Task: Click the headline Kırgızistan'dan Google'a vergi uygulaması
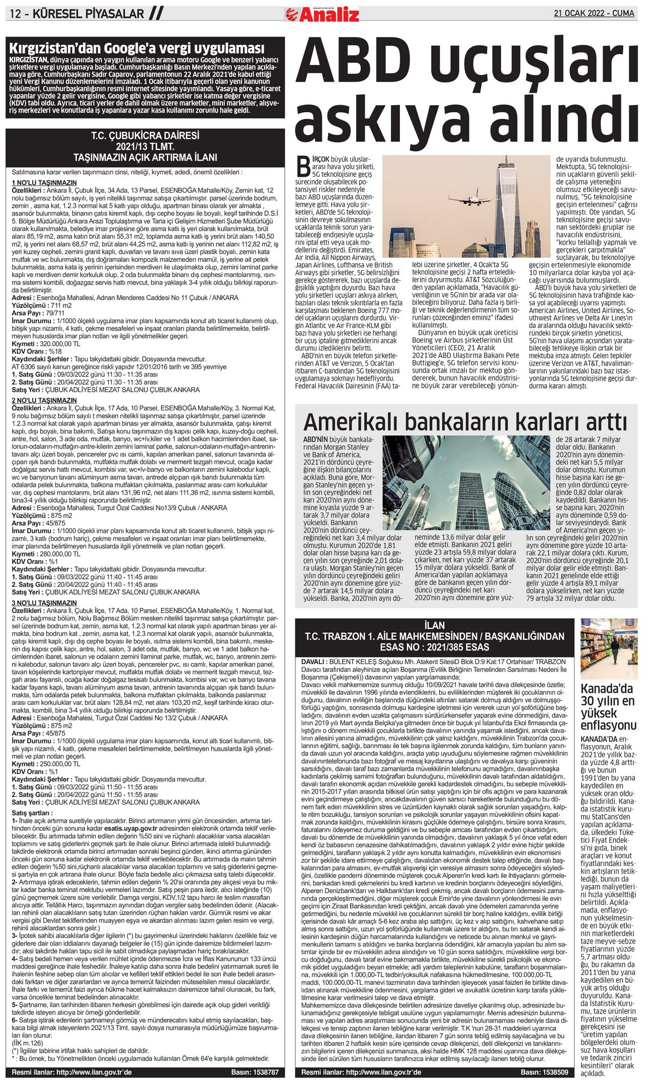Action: (x=137, y=48)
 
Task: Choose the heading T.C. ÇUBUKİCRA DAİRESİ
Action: (x=145, y=136)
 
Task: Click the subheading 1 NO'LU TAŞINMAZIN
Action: (x=44, y=183)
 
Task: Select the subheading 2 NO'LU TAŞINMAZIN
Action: (x=44, y=401)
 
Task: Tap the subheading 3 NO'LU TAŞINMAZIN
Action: (x=44, y=603)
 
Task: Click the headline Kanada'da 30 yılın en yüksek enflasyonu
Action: (x=608, y=707)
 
